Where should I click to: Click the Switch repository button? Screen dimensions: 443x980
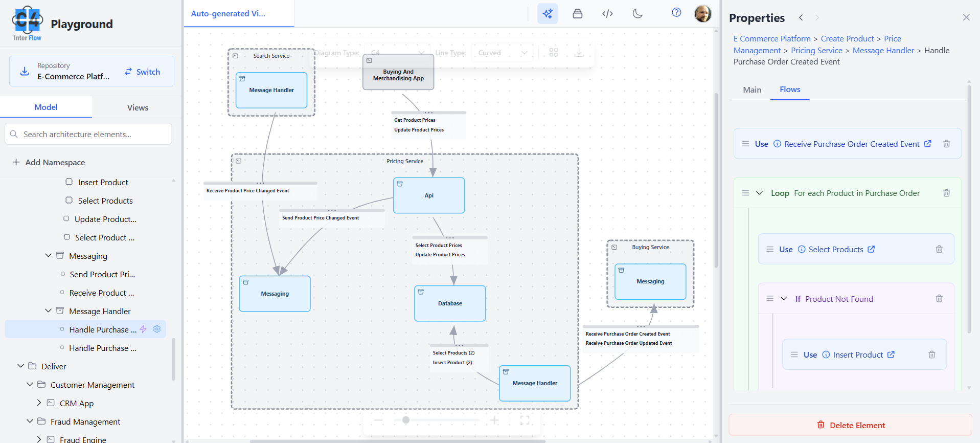click(x=143, y=72)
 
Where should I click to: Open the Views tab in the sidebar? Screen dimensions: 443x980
click(x=138, y=107)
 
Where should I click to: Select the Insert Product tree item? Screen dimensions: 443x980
click(x=103, y=182)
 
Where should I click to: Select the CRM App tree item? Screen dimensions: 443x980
click(x=76, y=403)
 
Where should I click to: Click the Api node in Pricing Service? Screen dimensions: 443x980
click(x=428, y=195)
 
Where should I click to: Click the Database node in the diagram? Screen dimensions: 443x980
click(x=450, y=303)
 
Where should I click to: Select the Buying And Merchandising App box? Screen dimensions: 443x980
click(x=398, y=75)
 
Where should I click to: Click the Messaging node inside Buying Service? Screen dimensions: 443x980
click(x=650, y=281)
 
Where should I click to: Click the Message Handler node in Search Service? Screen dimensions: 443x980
click(x=271, y=90)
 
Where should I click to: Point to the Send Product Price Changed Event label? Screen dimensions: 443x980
click(x=321, y=218)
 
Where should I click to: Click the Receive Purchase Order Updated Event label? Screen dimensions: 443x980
click(x=629, y=343)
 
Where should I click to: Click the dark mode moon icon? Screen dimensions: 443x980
click(x=637, y=13)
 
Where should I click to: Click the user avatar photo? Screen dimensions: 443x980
click(x=702, y=13)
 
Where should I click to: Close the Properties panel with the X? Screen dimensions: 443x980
click(x=966, y=17)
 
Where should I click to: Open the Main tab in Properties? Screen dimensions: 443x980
click(x=752, y=90)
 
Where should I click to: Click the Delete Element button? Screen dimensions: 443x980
click(x=850, y=425)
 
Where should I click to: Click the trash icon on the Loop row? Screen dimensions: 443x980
click(x=946, y=193)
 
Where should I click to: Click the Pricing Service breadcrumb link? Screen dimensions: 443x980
click(x=816, y=50)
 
